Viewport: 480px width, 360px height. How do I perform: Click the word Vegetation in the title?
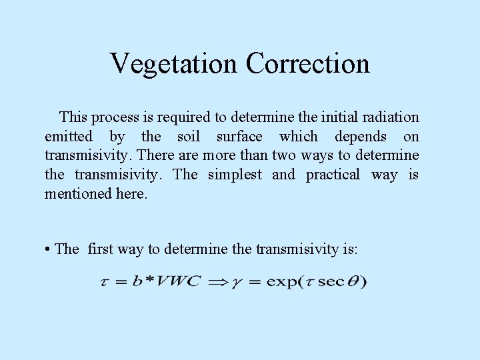174,64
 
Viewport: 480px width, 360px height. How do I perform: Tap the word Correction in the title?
307,64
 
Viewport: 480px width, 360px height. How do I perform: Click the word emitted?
69,137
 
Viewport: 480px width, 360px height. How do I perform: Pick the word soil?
189,137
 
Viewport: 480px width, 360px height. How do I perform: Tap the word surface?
239,137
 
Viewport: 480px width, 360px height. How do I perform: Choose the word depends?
361,137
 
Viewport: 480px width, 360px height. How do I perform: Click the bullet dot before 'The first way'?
49,250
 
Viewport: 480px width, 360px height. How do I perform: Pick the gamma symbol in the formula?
237,282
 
